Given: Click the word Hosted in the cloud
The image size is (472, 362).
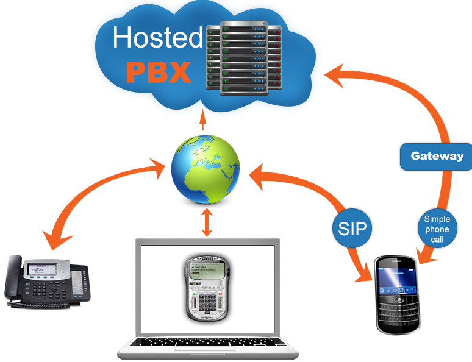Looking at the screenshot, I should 157,38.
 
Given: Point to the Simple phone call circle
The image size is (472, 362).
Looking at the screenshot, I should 437,230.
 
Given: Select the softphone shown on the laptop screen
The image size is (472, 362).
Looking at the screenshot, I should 207,289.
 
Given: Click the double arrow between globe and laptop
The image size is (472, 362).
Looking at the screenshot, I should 207,224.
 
